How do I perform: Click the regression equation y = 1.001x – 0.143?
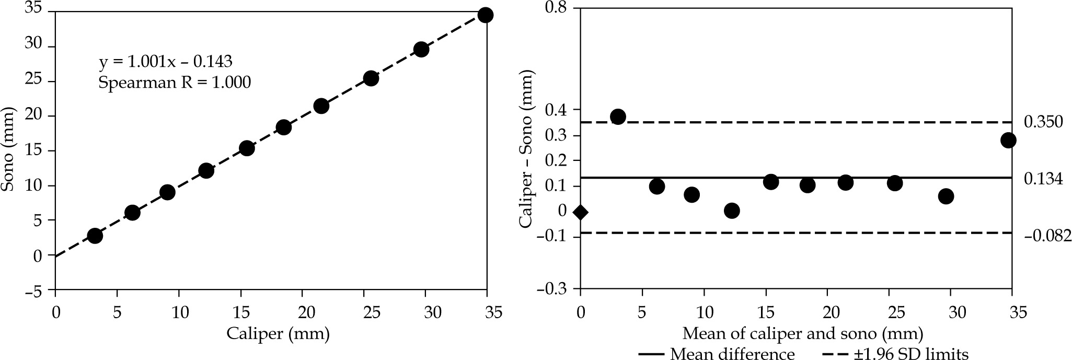pos(165,62)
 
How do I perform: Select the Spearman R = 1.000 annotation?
pos(174,83)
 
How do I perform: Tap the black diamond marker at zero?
pos(580,212)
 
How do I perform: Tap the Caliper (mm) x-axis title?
pos(278,333)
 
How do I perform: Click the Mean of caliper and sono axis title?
pos(802,333)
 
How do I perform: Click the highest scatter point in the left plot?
pos(486,15)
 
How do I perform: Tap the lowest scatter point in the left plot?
pos(95,236)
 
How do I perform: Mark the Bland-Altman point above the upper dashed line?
pos(618,117)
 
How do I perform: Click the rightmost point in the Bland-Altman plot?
pos(1008,140)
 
